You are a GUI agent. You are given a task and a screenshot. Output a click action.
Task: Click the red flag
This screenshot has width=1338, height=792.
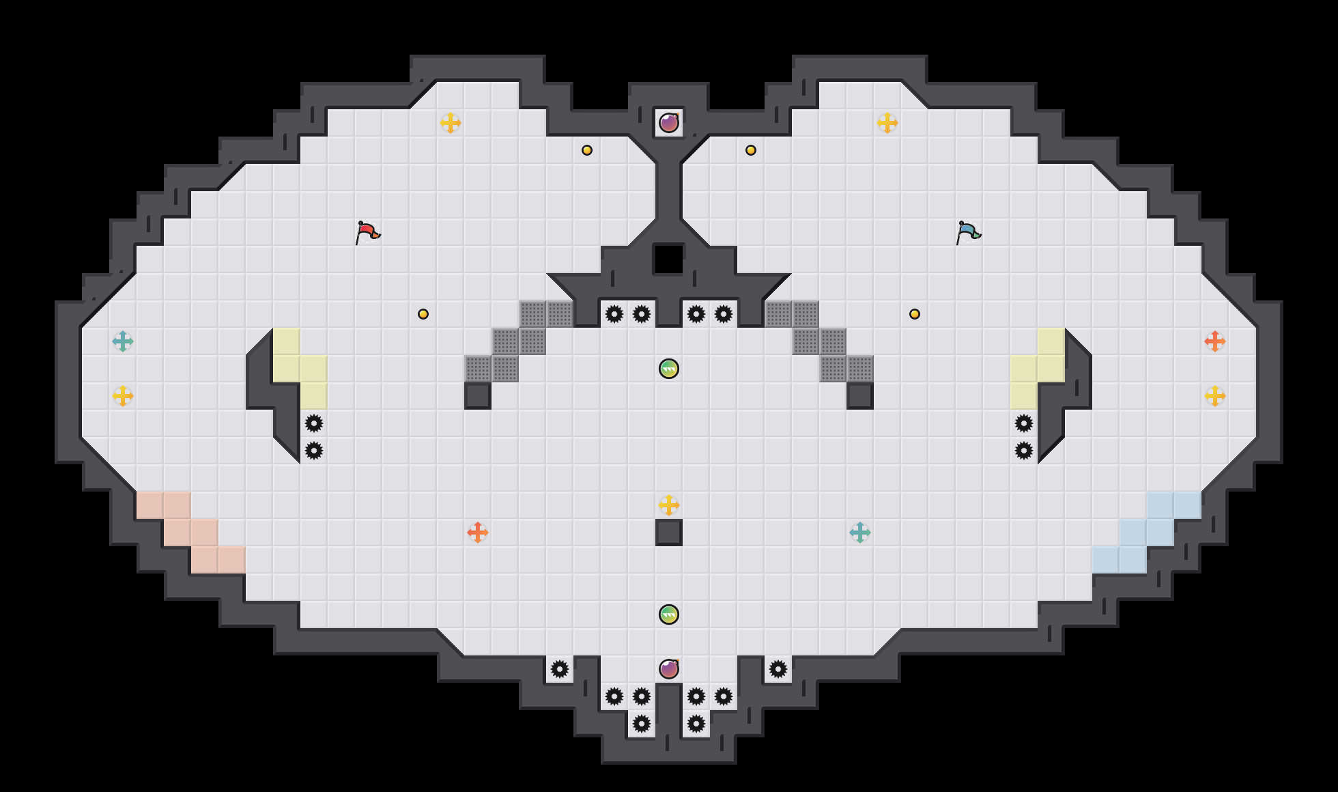367,232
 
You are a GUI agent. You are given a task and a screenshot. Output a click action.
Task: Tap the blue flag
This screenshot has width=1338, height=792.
968,232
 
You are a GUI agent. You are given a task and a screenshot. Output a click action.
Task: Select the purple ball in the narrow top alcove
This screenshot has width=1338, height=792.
669,123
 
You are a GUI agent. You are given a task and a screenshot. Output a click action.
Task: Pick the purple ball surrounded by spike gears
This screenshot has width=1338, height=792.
669,669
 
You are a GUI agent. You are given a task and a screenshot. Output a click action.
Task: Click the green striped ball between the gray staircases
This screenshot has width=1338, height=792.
669,369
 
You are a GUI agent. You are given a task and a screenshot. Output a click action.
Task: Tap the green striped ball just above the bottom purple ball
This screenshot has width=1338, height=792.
669,614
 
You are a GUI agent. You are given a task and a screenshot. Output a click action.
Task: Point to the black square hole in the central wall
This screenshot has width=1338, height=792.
669,259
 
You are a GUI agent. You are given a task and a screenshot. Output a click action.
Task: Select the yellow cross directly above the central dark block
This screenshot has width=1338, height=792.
669,505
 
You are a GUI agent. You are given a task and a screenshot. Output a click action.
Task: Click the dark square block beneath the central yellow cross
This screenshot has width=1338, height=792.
669,533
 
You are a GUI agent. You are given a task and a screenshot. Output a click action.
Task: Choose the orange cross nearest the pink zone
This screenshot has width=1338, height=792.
478,533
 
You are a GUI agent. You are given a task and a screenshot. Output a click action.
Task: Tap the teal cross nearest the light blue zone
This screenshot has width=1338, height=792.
860,533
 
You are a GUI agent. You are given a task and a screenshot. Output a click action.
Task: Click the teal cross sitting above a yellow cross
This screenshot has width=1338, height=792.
123,341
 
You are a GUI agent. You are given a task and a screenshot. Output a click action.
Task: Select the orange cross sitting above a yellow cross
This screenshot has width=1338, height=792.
1215,341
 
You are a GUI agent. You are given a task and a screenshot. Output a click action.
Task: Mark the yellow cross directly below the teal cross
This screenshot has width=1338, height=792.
123,396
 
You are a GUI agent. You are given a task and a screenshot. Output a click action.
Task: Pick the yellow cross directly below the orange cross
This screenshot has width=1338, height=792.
1215,396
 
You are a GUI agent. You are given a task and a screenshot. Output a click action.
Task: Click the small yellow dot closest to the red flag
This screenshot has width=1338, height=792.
423,314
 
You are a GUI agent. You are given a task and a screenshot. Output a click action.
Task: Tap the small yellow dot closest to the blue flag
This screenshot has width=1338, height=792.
915,314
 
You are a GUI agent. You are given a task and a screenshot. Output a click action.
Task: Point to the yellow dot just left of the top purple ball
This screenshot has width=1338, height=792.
587,150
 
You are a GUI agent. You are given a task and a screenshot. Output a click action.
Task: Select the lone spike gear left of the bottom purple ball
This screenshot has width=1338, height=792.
560,669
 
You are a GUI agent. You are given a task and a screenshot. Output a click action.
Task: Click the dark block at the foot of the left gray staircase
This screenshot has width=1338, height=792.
478,396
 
